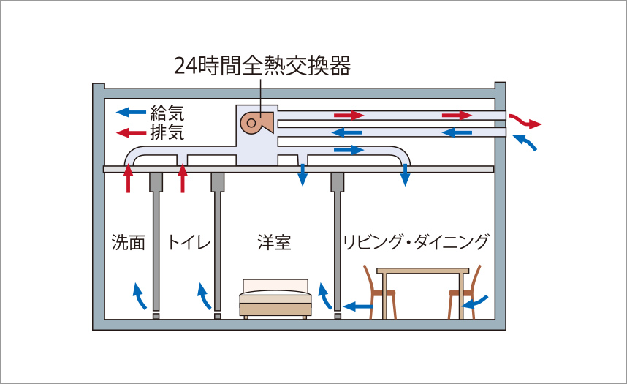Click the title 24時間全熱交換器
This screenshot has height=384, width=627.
point(262,66)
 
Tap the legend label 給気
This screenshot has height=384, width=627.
point(167,113)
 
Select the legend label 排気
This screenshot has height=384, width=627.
point(167,132)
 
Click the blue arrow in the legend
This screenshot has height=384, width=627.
point(132,113)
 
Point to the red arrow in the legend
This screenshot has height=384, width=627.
point(132,133)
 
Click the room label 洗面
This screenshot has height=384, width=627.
point(129,243)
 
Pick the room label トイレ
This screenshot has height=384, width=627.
point(189,243)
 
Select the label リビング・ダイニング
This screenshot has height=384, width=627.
point(416,242)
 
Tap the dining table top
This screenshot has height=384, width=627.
point(422,271)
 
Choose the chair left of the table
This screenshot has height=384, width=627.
point(381,293)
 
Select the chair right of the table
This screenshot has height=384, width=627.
point(463,293)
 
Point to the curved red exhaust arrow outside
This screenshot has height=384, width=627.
point(525,121)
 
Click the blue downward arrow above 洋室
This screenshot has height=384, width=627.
point(302,176)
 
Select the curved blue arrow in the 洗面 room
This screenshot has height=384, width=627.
point(139,297)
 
